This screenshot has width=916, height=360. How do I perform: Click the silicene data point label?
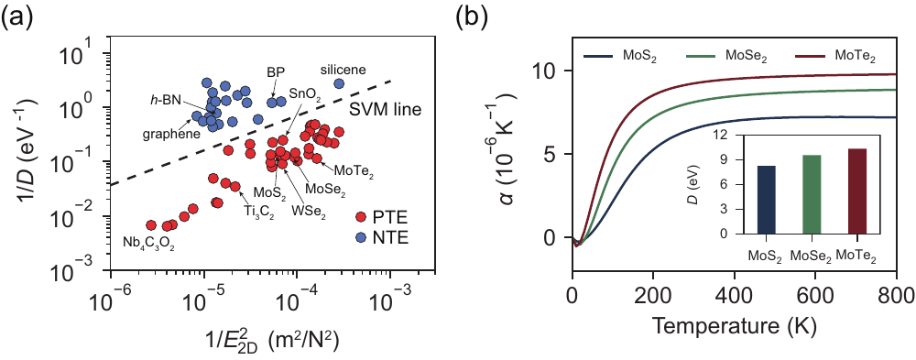pos(343,70)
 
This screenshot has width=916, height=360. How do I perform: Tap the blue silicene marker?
pos(339,83)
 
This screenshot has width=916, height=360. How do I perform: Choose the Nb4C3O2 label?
pos(149,240)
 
